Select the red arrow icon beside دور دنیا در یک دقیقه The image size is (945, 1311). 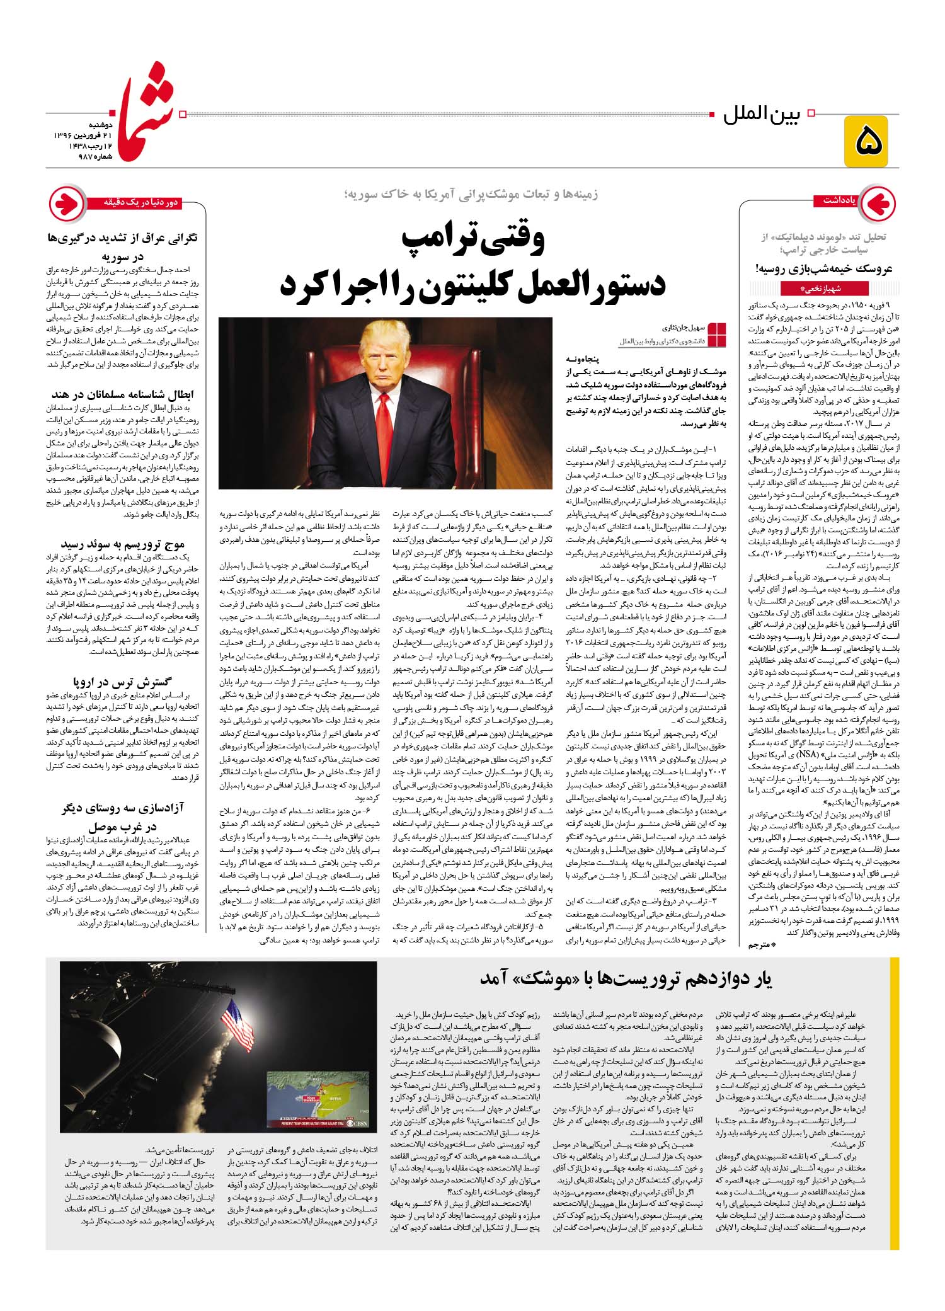tap(67, 203)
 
